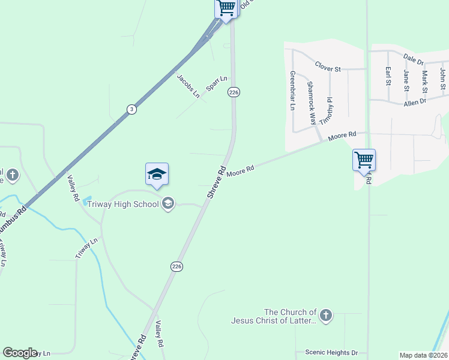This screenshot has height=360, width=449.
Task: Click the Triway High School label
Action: [123, 204]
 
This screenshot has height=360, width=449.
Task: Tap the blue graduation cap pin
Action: [157, 175]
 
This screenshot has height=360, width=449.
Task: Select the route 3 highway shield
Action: [131, 109]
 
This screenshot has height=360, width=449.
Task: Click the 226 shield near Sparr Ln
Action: [234, 92]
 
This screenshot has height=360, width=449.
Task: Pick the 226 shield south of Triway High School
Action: [176, 266]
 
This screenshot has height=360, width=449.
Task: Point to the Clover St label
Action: [328, 68]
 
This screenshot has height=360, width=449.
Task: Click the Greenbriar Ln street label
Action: [293, 91]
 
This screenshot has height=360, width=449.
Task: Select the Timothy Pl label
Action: [328, 111]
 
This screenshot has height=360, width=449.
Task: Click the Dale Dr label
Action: [414, 59]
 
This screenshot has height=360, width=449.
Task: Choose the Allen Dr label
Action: [415, 103]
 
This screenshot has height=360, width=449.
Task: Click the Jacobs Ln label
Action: [188, 86]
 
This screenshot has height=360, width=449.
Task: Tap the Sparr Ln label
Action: [217, 83]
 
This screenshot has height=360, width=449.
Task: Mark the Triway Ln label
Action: [86, 248]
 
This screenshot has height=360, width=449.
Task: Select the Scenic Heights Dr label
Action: [331, 353]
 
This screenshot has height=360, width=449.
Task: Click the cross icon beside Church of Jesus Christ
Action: [325, 316]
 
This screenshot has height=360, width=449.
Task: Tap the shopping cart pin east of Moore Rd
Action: [364, 160]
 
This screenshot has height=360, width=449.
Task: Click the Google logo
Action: [20, 353]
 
